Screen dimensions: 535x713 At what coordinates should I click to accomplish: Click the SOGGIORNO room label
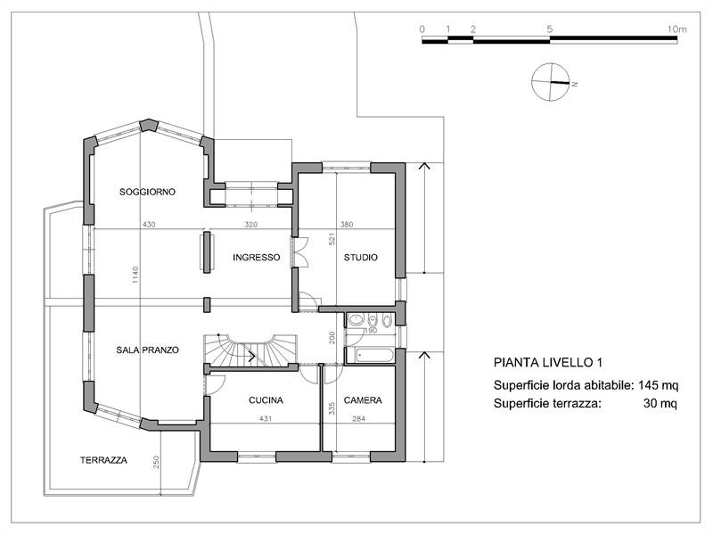tap(147, 192)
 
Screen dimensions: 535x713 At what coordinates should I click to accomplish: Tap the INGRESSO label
tap(257, 258)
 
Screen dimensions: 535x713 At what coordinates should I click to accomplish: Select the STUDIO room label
tap(361, 258)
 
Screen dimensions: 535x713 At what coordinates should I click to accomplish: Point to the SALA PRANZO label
tap(148, 350)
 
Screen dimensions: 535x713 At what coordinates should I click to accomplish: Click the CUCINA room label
tap(266, 400)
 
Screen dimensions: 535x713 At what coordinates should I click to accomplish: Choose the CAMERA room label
tap(363, 400)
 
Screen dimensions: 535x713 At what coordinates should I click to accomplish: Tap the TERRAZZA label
tap(103, 461)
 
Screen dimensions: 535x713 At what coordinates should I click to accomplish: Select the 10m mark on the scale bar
tap(676, 29)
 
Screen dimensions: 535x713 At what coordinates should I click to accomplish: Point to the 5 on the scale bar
tap(550, 29)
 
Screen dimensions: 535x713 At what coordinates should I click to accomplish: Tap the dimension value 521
tap(332, 240)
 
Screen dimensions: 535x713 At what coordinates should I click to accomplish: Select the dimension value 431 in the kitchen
tap(265, 418)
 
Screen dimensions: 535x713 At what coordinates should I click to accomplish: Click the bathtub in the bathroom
tap(370, 356)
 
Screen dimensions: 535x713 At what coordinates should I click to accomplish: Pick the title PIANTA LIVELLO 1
tap(548, 364)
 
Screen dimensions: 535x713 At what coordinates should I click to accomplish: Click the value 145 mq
tap(659, 385)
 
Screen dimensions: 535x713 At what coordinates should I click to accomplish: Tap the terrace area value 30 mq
tap(660, 404)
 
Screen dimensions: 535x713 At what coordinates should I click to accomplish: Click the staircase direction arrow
tap(253, 356)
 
